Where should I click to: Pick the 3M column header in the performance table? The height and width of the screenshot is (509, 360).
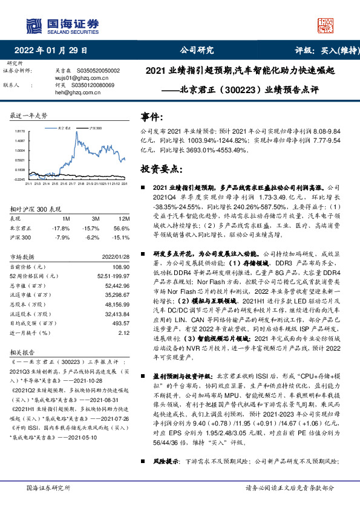pos(96,218)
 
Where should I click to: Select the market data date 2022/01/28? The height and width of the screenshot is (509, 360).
pos(115,256)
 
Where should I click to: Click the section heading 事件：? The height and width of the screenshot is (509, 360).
pos(152,116)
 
